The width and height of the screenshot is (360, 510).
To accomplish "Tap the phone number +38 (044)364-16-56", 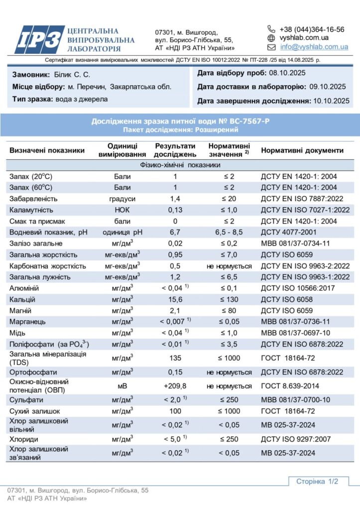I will click(x=312, y=29).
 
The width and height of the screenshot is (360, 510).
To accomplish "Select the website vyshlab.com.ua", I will click(x=304, y=38).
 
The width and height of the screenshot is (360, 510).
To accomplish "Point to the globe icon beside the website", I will click(x=271, y=38).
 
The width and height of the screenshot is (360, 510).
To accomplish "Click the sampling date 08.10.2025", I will click(x=287, y=73).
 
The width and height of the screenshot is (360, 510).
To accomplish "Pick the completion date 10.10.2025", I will click(x=331, y=101).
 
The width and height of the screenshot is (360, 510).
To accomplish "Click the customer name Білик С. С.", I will click(x=72, y=75).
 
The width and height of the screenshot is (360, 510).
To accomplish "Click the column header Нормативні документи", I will click(x=302, y=150).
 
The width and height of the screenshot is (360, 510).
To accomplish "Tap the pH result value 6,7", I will click(x=175, y=232).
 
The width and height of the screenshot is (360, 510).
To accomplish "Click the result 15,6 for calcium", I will click(x=175, y=299).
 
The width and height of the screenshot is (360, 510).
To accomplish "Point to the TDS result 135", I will click(x=175, y=358).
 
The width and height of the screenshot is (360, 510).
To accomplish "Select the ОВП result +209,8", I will click(x=175, y=385).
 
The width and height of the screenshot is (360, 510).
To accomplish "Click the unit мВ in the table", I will click(x=122, y=385).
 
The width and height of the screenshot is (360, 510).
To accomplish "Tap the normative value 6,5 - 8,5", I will click(x=229, y=232).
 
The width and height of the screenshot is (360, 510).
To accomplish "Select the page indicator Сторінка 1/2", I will click(x=317, y=482).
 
